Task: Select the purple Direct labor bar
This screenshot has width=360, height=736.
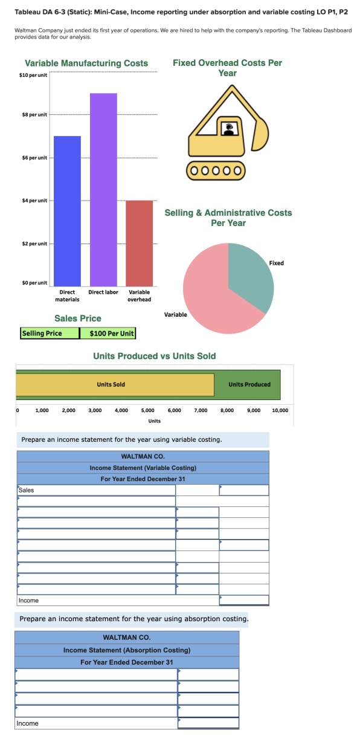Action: coord(103,188)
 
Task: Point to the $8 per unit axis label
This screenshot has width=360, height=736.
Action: coord(35,114)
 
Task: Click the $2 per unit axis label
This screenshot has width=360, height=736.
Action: coord(35,244)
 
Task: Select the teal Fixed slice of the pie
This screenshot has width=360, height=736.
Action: coord(251,277)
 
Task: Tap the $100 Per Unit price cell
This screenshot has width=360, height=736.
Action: coord(112,333)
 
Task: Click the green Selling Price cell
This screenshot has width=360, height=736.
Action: coord(50,333)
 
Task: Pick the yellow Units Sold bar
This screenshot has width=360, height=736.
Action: coord(115,384)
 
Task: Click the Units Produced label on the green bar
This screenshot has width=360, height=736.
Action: coord(249,384)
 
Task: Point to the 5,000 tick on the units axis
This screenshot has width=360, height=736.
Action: coord(147,410)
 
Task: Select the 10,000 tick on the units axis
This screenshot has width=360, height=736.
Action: coord(280,410)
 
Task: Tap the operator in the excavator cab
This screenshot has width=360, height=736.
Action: coord(229,128)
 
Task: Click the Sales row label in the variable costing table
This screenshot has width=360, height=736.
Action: coord(27,490)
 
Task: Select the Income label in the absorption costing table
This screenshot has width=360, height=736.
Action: coord(27,723)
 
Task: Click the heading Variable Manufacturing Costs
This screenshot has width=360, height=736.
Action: coord(86,63)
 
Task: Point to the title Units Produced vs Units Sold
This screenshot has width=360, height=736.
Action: coord(154,356)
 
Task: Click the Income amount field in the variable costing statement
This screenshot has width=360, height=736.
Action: coord(244,600)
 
